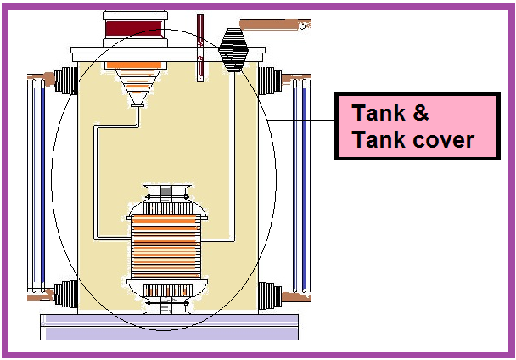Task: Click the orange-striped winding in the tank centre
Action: pos(167,246)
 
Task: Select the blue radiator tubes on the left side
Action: pos(36,187)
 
